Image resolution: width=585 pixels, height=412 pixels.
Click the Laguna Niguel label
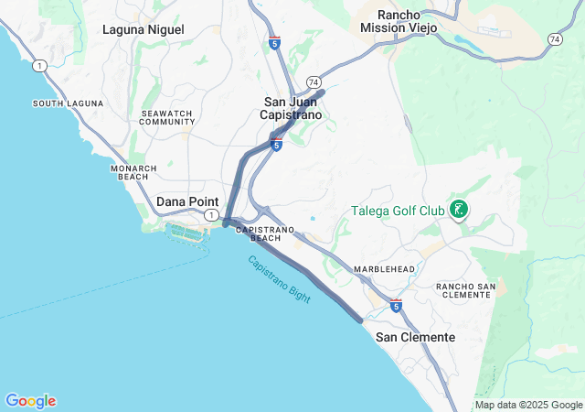click(x=143, y=29)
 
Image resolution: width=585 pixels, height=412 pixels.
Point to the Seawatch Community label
click(x=167, y=117)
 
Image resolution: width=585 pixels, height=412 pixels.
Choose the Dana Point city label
click(x=184, y=201)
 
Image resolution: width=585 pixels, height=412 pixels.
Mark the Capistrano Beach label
click(x=265, y=233)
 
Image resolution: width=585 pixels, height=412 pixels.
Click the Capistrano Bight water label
click(x=279, y=279)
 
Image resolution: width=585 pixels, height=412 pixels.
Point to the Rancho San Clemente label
click(x=465, y=291)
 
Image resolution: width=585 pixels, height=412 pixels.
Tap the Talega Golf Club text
click(x=398, y=211)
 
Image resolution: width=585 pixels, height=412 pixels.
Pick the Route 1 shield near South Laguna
click(x=37, y=65)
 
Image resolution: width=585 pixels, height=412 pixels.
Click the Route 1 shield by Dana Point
click(x=211, y=215)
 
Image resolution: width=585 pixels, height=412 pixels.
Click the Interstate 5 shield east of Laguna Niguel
click(x=274, y=43)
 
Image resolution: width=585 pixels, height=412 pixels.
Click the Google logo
click(x=30, y=401)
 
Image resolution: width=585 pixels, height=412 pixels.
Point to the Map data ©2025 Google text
click(x=528, y=405)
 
